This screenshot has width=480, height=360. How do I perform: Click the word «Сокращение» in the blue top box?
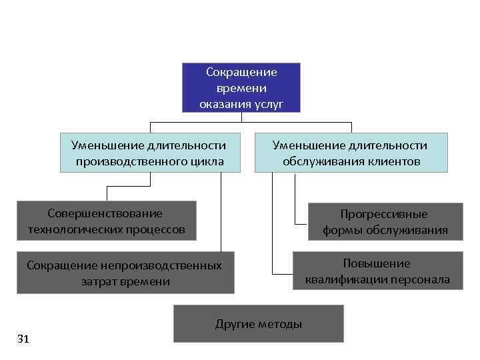pyautogui.click(x=241, y=72)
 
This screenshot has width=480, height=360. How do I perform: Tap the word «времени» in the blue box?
pyautogui.click(x=241, y=88)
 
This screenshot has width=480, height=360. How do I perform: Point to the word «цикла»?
pyautogui.click(x=206, y=161)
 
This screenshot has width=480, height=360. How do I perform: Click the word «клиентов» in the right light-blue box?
pyautogui.click(x=397, y=161)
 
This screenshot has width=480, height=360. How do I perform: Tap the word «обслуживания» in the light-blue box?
pyautogui.click(x=325, y=161)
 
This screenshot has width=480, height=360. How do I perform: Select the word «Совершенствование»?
pyautogui.click(x=105, y=213)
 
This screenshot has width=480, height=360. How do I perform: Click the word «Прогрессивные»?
pyautogui.click(x=384, y=215)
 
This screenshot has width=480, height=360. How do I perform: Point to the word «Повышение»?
pyautogui.click(x=377, y=263)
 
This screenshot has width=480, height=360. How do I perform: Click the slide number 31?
pyautogui.click(x=23, y=339)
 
